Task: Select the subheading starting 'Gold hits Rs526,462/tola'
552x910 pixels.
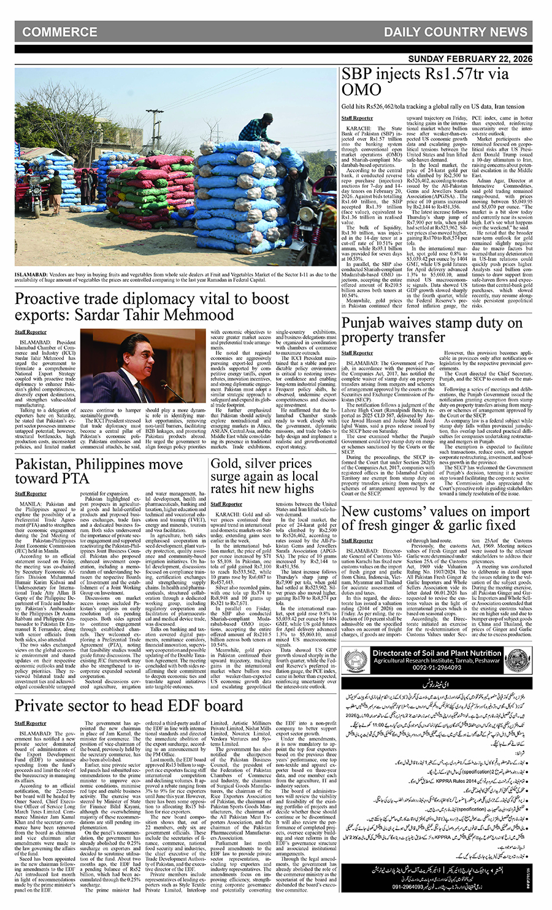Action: click(433, 106)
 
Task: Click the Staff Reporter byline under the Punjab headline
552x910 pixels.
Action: click(357, 353)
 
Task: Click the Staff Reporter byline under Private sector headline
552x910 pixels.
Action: click(31, 723)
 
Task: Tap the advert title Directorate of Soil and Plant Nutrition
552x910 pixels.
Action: click(437, 653)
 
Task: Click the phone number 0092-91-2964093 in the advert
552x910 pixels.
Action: click(437, 667)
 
